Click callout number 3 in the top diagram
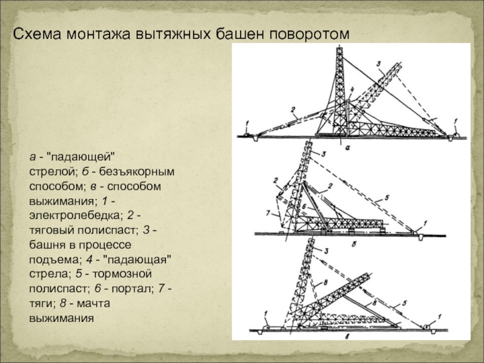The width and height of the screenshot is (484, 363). click(x=379, y=64)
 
